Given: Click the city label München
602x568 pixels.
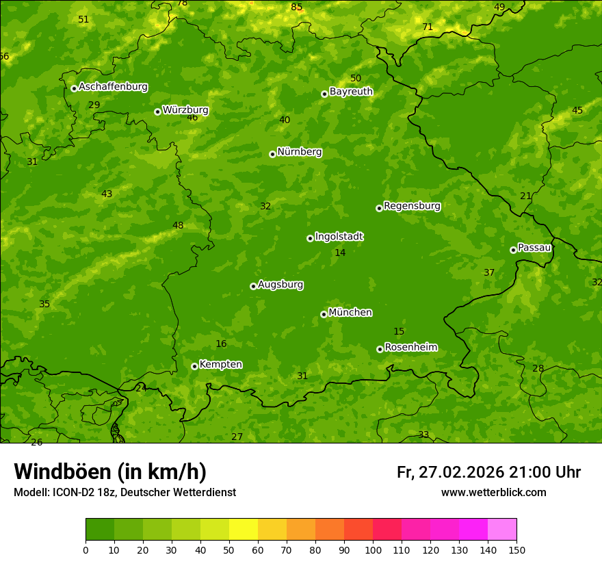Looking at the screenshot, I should coord(350,313).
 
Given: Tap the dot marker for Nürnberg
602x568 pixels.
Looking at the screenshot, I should coord(272,154).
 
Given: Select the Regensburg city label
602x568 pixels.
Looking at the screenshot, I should coord(412,206).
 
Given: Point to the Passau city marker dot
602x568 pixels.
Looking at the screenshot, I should coord(513,250).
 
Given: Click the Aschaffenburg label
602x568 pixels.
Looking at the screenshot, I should coord(113,87).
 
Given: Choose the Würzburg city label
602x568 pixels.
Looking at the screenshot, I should coord(185,110).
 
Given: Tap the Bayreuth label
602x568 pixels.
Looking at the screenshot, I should coord(351,92).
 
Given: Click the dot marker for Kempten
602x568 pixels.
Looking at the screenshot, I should coord(194,366).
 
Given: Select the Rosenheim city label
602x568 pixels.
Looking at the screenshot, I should coord(410,348).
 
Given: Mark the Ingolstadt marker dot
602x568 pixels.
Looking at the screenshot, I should coord(310,238).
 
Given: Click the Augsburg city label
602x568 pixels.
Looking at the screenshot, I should coord(280,285).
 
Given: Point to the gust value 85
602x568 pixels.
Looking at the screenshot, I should coord(296,7).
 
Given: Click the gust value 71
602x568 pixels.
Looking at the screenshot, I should coord(428,27).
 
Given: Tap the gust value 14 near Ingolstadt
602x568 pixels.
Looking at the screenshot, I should coord(340,253).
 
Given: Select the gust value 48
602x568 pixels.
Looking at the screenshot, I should coord(178,226).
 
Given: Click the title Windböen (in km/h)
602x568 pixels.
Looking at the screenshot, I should coord(110,472).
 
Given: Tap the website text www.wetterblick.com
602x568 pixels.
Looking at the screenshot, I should coord(493,493).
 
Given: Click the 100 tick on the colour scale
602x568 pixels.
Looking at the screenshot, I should coord(373,550).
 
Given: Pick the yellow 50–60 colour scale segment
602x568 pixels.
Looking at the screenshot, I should coord(244,529).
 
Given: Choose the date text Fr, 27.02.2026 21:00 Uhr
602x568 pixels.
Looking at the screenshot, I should coord(488,472).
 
